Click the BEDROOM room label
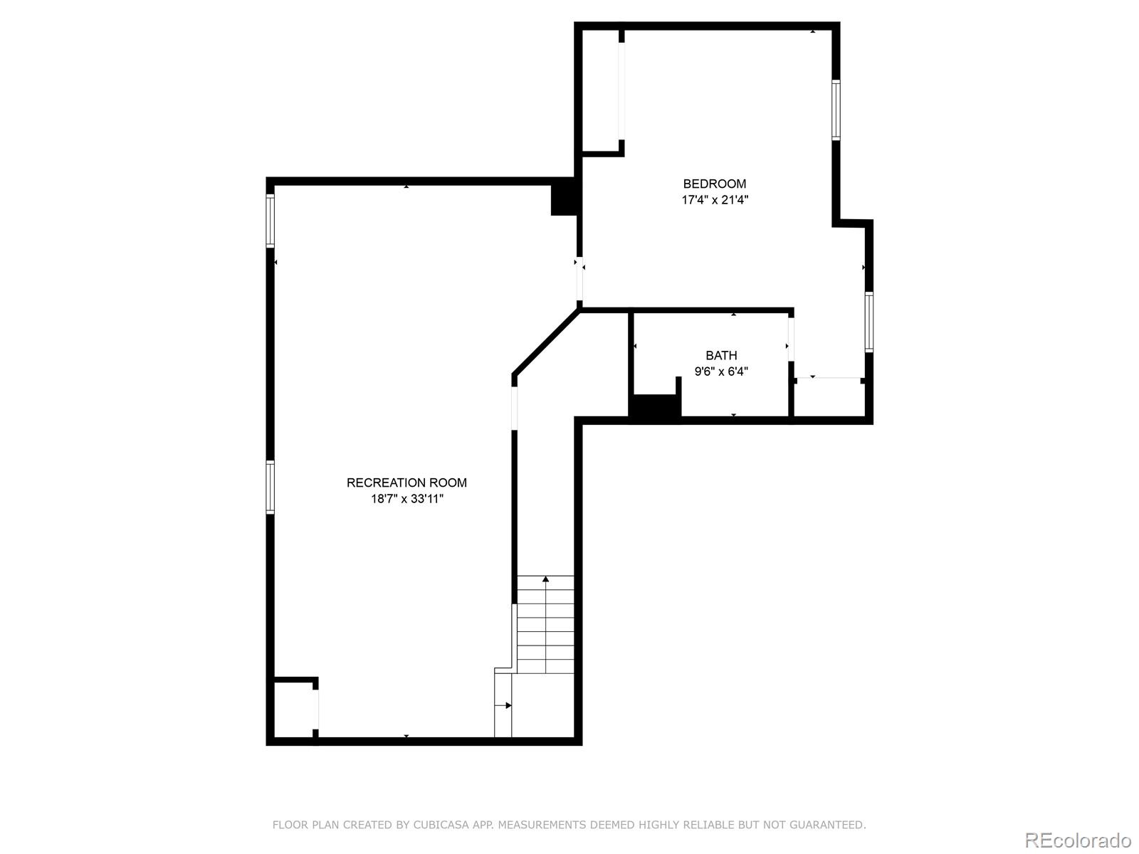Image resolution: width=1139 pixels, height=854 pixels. point(714,184)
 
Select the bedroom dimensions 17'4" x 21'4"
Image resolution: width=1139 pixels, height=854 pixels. point(715,200)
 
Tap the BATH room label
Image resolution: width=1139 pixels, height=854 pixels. point(720,355)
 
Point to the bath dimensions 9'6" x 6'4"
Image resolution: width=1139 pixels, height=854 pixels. point(720,371)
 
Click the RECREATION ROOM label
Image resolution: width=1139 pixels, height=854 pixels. point(406,483)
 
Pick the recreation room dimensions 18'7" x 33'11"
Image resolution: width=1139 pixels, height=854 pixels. point(406,499)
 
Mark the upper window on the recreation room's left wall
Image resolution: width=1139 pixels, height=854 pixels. point(270,221)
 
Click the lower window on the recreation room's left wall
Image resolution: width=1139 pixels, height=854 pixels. point(270,487)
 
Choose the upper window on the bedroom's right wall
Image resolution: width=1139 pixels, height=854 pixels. point(836,110)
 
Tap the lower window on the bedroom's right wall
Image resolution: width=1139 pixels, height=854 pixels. point(868,322)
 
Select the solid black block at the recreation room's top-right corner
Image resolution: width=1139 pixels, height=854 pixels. point(564,197)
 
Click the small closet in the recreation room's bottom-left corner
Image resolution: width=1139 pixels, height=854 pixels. point(293,710)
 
